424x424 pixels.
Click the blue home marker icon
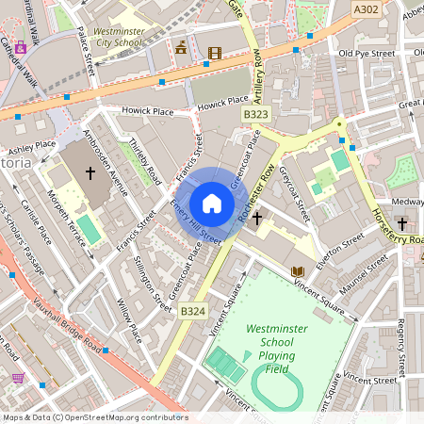click(x=212, y=204)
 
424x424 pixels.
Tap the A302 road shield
click(x=367, y=9)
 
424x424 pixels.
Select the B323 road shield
click(x=254, y=114)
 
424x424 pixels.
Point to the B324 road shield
click(x=192, y=311)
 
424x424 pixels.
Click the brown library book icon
click(x=298, y=271)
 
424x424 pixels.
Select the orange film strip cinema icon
click(x=215, y=53)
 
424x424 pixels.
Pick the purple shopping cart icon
click(x=18, y=377)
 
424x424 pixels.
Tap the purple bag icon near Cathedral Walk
click(x=20, y=47)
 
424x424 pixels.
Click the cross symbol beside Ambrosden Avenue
click(x=90, y=172)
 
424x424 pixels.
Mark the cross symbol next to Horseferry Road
click(x=401, y=223)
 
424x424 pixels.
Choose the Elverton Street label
click(x=339, y=253)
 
